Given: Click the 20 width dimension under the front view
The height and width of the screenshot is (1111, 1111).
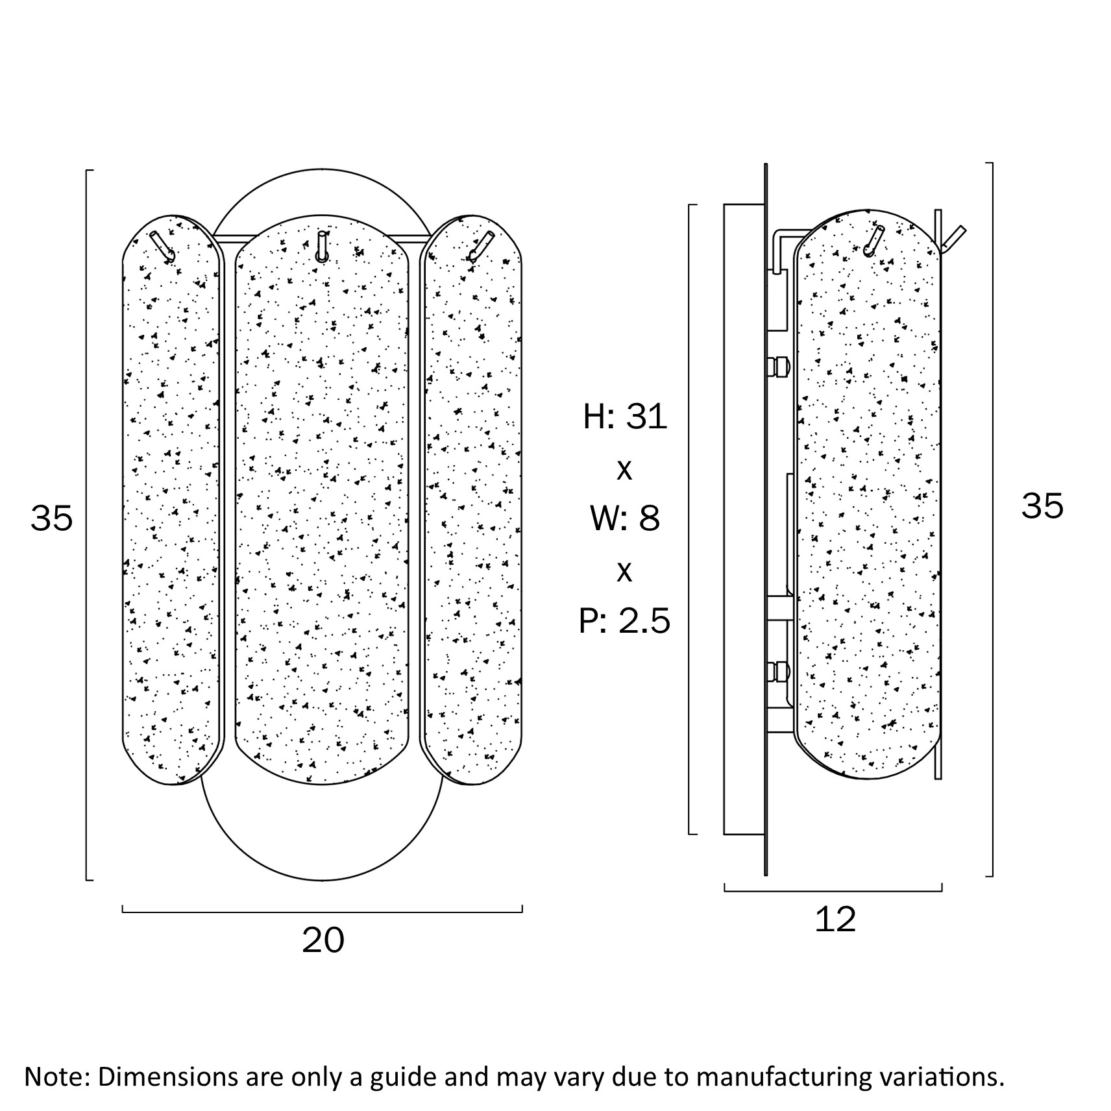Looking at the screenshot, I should click(x=323, y=940).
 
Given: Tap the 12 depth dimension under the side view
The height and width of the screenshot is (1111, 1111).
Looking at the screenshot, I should click(x=835, y=920).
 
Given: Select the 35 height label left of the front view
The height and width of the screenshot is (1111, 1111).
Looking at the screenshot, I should click(x=52, y=518).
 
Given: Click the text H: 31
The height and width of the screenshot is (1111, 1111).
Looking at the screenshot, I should click(x=625, y=416).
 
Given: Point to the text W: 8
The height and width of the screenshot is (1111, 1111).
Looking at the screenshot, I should click(x=625, y=518).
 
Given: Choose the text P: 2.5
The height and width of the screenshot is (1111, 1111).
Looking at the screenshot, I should click(x=624, y=620).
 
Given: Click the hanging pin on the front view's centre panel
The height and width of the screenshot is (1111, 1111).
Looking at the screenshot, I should click(x=321, y=246).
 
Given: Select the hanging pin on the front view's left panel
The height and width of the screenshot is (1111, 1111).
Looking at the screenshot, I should click(x=163, y=247).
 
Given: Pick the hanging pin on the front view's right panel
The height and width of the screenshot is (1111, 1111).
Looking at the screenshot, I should click(x=481, y=247).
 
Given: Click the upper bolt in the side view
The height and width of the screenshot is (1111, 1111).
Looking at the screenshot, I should click(x=778, y=367).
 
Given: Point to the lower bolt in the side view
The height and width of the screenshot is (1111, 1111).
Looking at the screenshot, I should click(x=778, y=671).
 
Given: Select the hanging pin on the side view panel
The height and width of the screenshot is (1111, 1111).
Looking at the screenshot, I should click(x=873, y=239).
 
